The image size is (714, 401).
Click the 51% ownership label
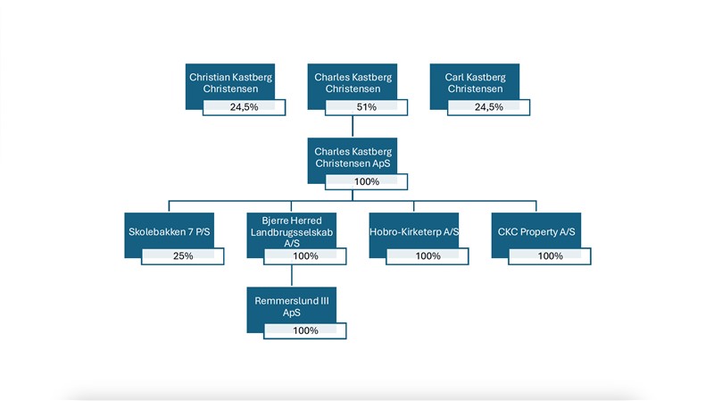(x=367, y=107)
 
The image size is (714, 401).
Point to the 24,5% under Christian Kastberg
(x=244, y=107)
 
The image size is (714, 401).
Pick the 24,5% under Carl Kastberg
(x=489, y=107)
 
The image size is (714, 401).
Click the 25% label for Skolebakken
(x=183, y=256)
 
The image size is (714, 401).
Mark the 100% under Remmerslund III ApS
(x=305, y=330)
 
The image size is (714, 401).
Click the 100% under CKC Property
(x=551, y=256)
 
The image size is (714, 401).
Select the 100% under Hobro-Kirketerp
(x=428, y=256)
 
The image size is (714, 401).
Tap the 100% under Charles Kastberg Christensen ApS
(x=367, y=182)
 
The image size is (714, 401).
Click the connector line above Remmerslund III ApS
(x=292, y=276)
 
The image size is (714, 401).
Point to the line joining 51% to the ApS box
(x=353, y=127)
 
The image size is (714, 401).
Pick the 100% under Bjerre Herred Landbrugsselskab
(x=305, y=256)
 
